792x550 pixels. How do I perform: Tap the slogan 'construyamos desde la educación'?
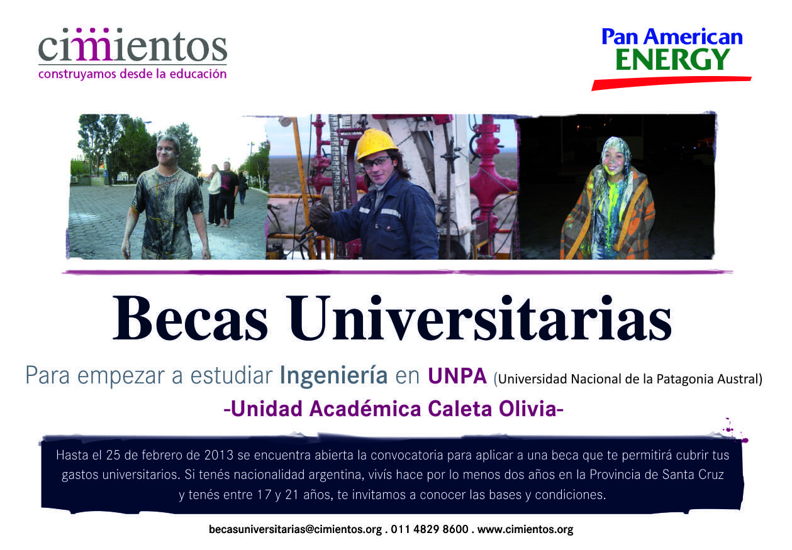(x=132, y=74)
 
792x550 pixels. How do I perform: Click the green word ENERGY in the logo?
(x=672, y=60)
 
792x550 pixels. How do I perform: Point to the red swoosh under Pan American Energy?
(x=671, y=83)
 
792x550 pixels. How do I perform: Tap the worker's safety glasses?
(x=376, y=162)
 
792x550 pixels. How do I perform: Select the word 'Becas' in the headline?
(x=190, y=318)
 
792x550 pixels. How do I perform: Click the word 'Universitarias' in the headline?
(x=479, y=318)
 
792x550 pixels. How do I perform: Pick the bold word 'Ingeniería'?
(x=333, y=377)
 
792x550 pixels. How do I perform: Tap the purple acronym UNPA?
(x=457, y=376)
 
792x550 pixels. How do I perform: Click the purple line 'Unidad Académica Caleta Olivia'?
(x=394, y=409)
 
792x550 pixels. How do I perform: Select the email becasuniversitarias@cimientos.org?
(x=296, y=529)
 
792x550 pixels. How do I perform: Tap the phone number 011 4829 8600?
(x=430, y=529)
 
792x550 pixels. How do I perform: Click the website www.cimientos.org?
(x=525, y=529)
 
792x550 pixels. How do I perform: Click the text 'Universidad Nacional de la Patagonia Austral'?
(x=628, y=379)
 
